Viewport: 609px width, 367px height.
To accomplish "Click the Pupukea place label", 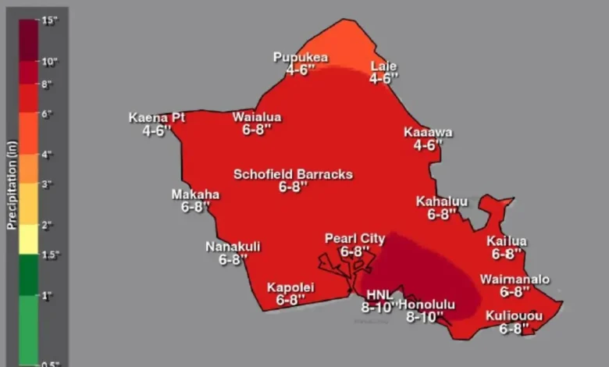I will click(x=300, y=57).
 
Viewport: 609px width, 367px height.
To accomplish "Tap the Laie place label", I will click(x=383, y=66).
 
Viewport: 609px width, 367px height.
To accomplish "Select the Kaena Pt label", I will click(x=157, y=118).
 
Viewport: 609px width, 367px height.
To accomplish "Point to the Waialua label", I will click(x=257, y=117).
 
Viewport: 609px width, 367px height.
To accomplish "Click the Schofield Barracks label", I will click(x=294, y=174).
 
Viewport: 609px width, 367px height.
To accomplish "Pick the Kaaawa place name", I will click(x=428, y=132).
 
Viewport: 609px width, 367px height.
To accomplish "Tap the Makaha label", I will click(x=195, y=194).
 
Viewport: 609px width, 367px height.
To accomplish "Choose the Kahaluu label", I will click(x=442, y=201).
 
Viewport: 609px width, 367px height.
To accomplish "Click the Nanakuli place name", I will click(x=233, y=247).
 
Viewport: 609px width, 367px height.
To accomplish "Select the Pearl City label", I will click(x=355, y=239).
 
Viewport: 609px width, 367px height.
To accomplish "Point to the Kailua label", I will click(x=507, y=241).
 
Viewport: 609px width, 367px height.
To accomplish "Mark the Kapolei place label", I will click(x=290, y=287).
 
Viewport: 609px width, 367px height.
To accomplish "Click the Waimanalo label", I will click(x=515, y=279).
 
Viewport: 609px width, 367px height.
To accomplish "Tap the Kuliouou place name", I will click(x=511, y=315).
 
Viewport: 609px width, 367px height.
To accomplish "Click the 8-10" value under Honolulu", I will click(x=425, y=317).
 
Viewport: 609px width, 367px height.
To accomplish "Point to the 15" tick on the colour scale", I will click(x=50, y=20).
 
